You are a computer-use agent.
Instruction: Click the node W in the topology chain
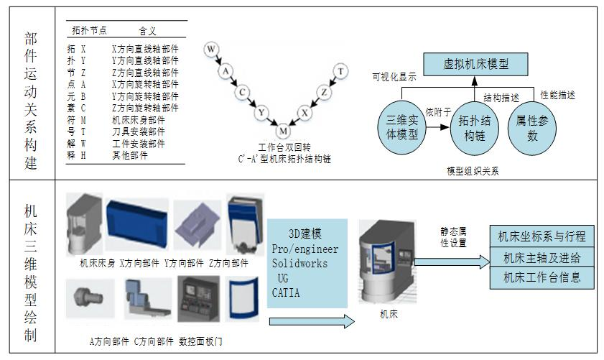point(210,50)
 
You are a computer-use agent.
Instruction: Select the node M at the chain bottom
point(284,130)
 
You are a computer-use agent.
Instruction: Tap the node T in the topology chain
point(340,70)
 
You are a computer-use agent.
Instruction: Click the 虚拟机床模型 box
point(474,64)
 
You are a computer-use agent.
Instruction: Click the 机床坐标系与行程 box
point(542,235)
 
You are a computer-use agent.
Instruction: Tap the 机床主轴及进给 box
point(542,257)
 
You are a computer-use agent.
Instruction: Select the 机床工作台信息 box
point(542,277)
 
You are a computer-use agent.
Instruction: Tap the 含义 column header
point(147,31)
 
